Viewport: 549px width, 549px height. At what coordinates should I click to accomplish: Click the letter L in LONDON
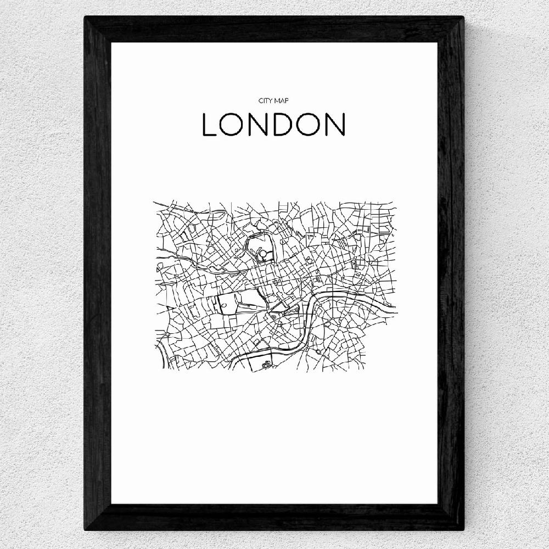point(209,125)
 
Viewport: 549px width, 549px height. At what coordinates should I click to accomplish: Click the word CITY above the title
point(265,101)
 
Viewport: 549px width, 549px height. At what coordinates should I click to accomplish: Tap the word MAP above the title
point(281,101)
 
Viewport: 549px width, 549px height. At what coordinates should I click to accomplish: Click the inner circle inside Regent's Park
point(264,254)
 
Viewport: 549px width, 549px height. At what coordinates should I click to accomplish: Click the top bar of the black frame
point(274,29)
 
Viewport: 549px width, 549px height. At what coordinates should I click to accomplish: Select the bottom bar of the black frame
point(274,517)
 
